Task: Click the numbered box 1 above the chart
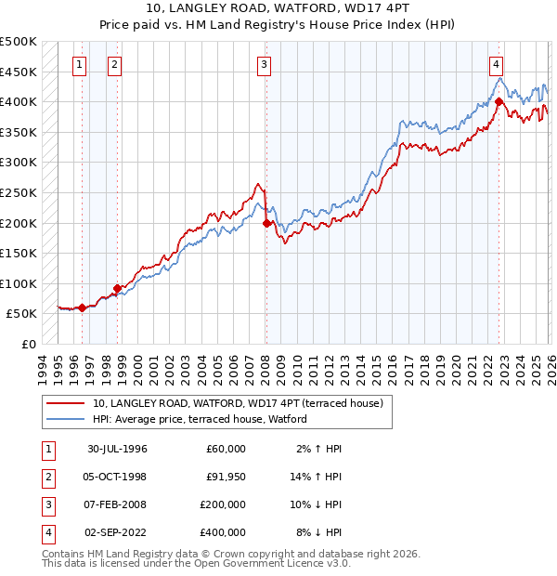tap(79, 64)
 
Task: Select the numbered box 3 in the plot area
tap(265, 64)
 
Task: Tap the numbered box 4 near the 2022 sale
tap(497, 64)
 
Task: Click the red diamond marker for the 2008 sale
tap(267, 223)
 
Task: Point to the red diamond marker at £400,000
tap(499, 101)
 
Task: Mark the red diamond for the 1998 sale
tap(117, 288)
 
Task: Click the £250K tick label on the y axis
tap(19, 192)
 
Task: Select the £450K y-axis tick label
tap(19, 72)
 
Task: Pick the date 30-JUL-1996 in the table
tap(117, 449)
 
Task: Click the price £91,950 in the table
tap(226, 477)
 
